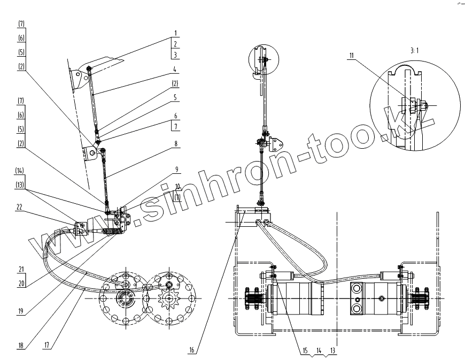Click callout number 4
[x=175, y=69]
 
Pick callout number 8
[x=175, y=143]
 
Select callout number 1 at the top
[x=175, y=33]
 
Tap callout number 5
[x=175, y=98]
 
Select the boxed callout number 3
[x=175, y=55]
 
